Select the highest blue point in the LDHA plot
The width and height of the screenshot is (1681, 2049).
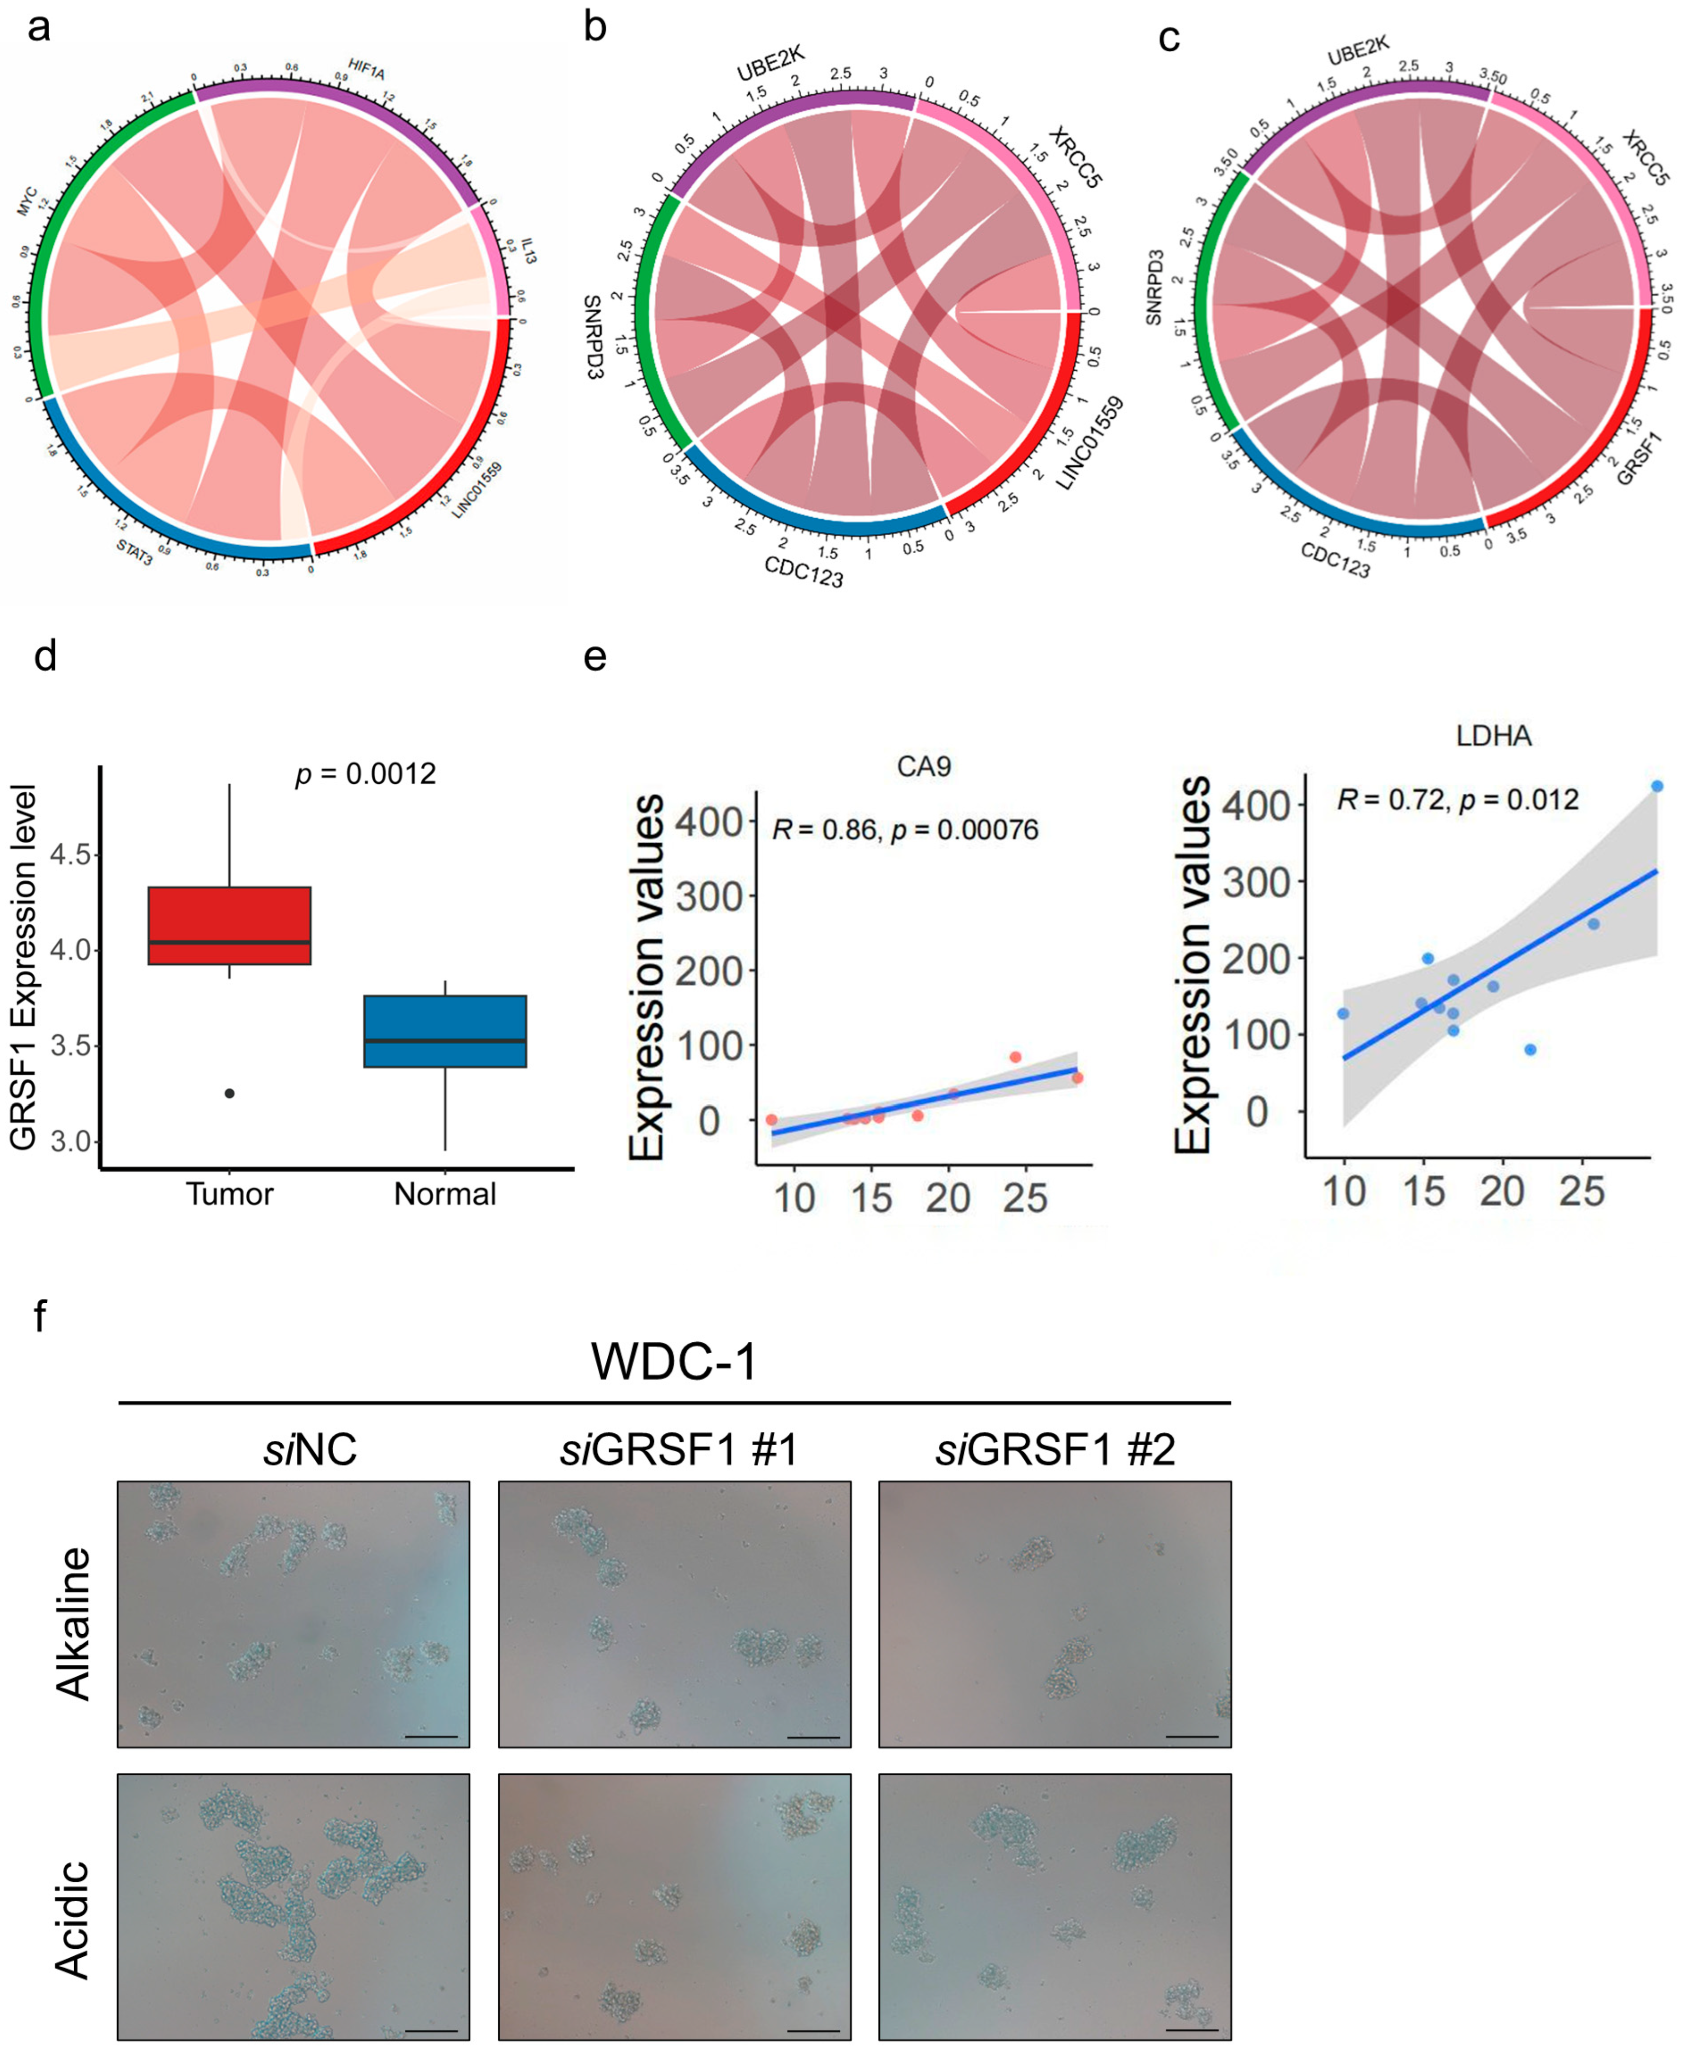(x=1657, y=786)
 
